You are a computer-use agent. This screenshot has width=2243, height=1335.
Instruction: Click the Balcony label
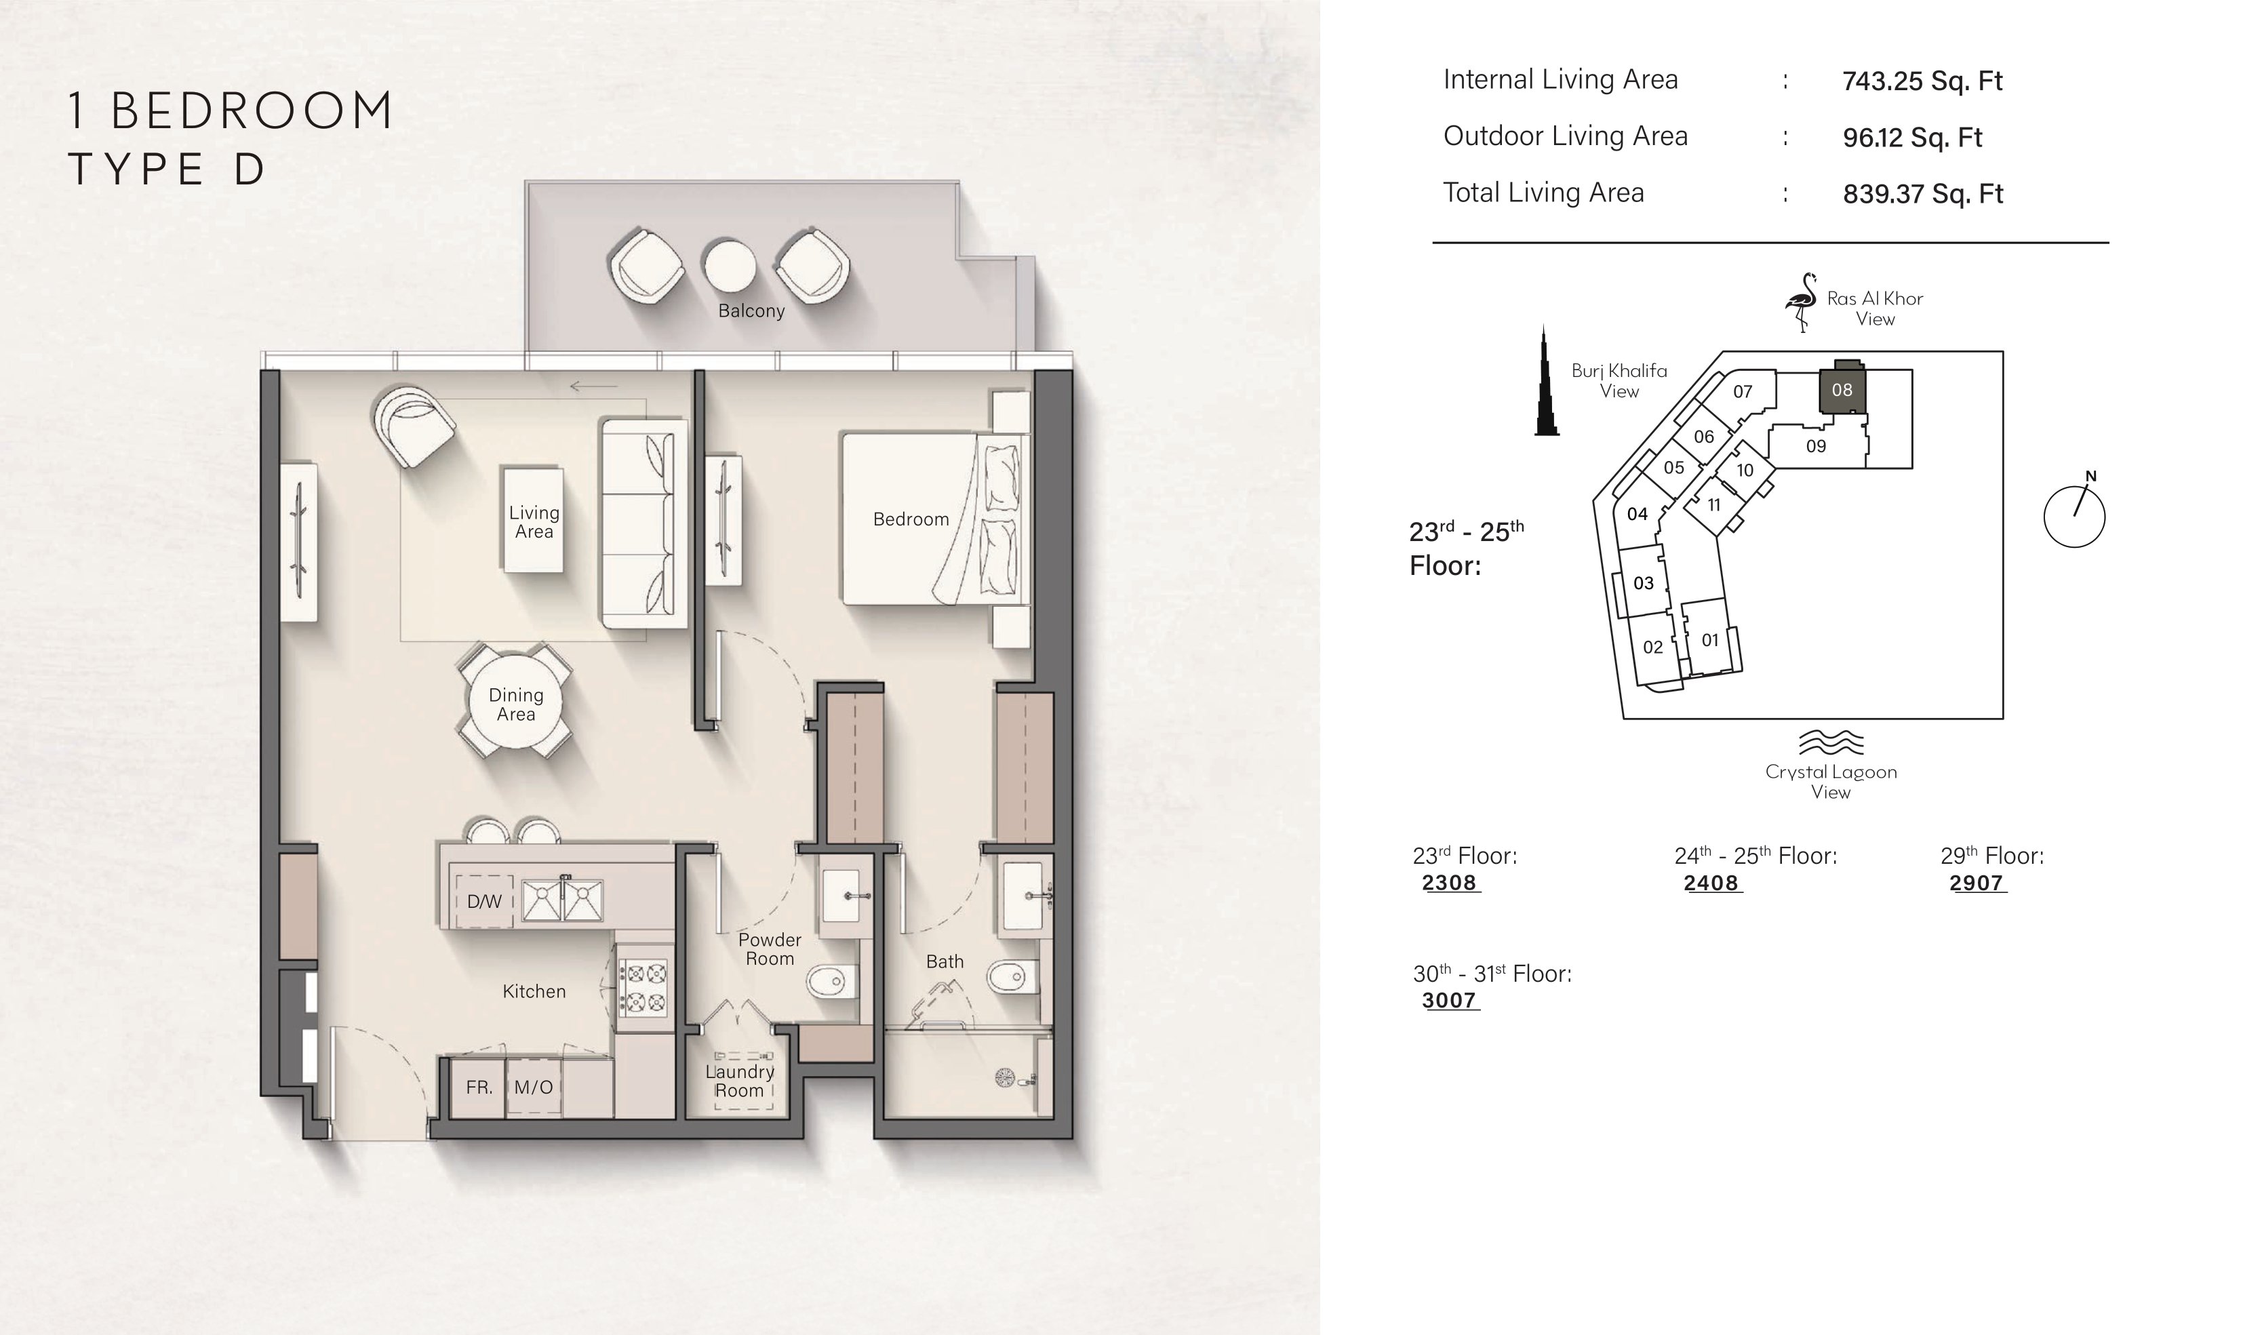click(751, 311)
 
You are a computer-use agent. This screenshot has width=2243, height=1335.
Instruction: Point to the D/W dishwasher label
click(484, 901)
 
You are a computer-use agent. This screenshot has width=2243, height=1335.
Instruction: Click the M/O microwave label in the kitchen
click(534, 1087)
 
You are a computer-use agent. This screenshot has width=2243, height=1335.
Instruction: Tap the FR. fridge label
click(479, 1087)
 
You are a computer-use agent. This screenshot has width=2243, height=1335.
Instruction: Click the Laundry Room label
click(739, 1081)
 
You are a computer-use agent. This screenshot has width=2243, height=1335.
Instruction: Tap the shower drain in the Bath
click(1005, 1077)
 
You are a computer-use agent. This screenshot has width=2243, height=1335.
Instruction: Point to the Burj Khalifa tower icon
click(1546, 380)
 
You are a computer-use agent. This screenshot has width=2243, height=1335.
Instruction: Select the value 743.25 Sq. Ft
click(1922, 81)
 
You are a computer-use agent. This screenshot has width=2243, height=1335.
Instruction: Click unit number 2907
click(1976, 883)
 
